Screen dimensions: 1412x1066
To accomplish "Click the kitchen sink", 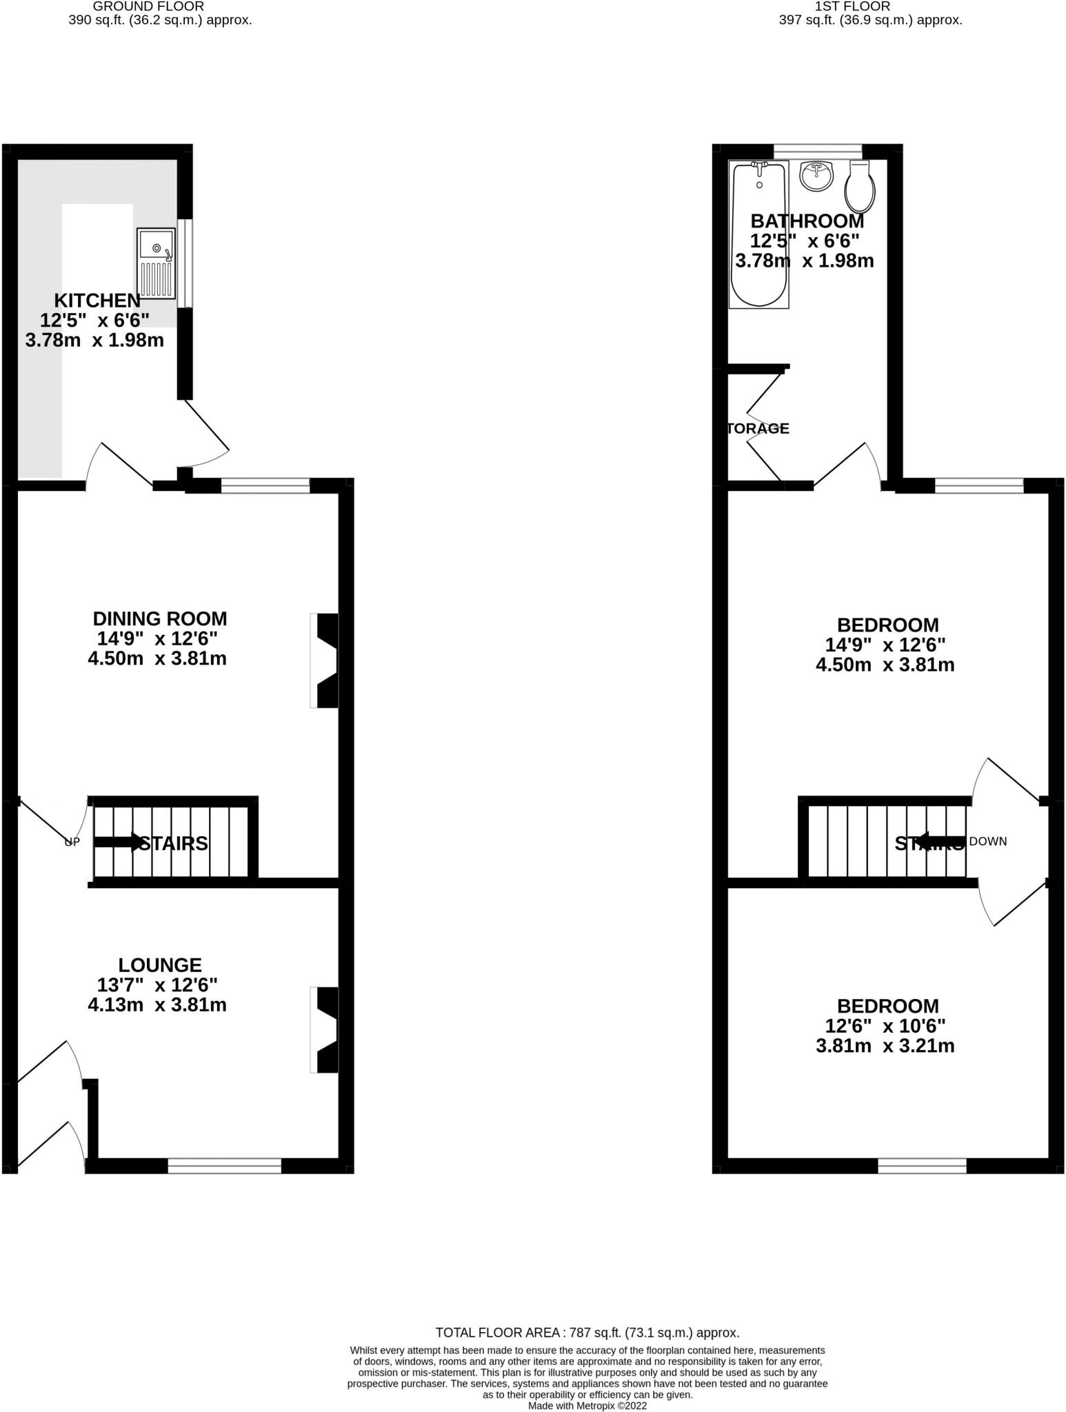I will (x=156, y=263).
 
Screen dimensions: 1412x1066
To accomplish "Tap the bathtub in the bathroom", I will (x=758, y=234).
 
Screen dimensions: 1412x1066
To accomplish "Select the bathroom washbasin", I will (x=817, y=175).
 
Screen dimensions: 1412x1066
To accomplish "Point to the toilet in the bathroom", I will (x=860, y=187).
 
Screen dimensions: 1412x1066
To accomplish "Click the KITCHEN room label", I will (x=97, y=301).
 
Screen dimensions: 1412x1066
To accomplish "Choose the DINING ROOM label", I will (x=160, y=618).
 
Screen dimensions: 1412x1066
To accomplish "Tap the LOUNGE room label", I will (x=160, y=965).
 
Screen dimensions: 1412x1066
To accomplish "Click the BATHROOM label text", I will (x=807, y=221).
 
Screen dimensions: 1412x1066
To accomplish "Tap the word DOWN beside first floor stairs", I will (x=988, y=841).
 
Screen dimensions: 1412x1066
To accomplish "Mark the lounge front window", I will (x=225, y=1166).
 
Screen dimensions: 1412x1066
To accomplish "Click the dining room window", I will (x=265, y=486).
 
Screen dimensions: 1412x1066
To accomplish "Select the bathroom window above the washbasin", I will (x=818, y=151).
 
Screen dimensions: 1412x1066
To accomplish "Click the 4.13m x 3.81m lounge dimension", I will (x=157, y=1005).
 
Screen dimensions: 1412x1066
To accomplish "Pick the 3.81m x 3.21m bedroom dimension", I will (x=885, y=1046).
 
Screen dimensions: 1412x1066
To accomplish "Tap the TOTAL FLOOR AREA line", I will (x=587, y=1333).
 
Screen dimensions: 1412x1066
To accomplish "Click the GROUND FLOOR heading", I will (x=149, y=6).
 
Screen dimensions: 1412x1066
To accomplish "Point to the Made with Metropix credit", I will (x=587, y=1405).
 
